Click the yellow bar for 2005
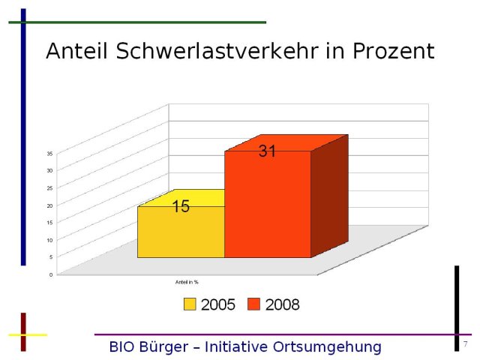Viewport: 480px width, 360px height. tap(180, 232)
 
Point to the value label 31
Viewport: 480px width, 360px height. tap(268, 151)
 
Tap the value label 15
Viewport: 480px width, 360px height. tap(181, 207)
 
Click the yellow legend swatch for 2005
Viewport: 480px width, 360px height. tap(190, 304)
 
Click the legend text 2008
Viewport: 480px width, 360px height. tap(282, 304)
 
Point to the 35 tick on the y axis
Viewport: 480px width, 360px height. tap(49, 154)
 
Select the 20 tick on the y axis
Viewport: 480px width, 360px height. tap(49, 205)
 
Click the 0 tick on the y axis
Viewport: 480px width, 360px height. tap(51, 274)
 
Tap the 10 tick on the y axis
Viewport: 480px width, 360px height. tap(49, 240)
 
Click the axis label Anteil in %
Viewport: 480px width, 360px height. tap(187, 282)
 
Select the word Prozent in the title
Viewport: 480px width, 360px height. tap(393, 51)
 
